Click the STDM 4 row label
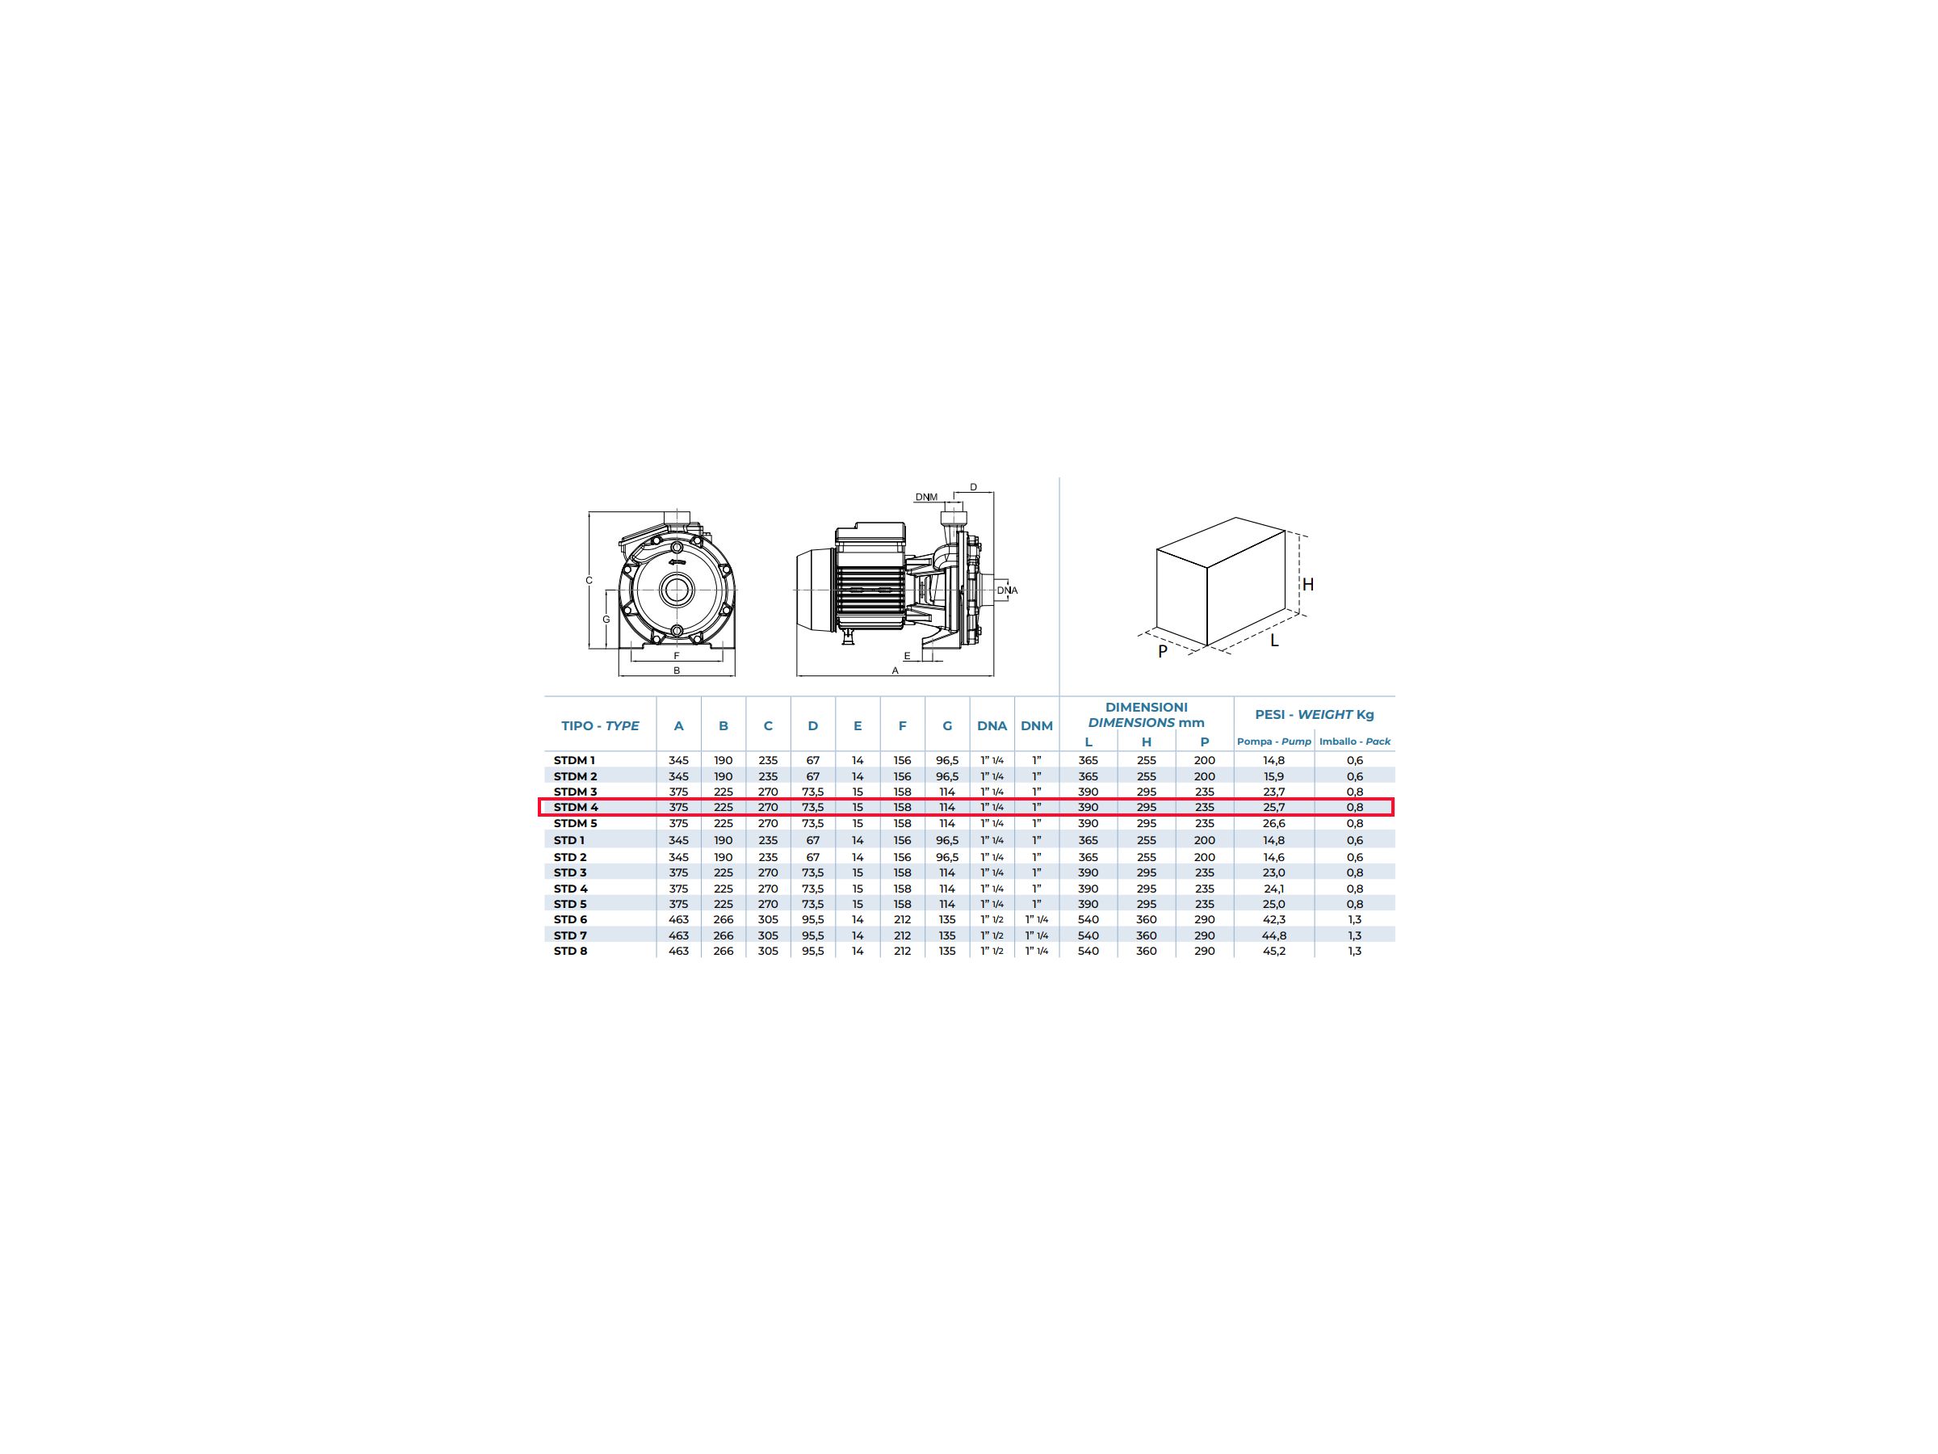576,807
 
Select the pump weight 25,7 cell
1274,807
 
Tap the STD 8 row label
570,951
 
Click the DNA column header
992,725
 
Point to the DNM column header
1037,725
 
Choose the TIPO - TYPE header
600,725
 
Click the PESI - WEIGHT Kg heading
1314,714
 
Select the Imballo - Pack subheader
1354,742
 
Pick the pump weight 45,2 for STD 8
1274,951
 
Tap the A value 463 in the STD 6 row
678,919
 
